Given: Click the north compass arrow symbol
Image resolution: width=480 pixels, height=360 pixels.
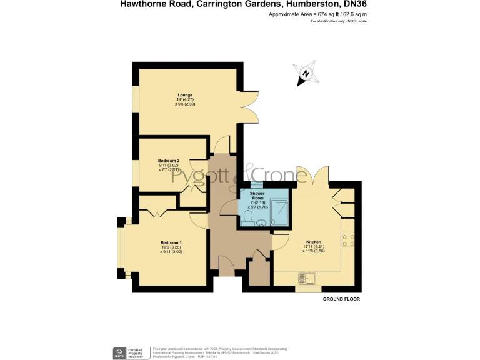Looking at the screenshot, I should pyautogui.click(x=306, y=74).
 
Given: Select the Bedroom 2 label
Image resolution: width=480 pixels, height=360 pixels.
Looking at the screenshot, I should pyautogui.click(x=169, y=161).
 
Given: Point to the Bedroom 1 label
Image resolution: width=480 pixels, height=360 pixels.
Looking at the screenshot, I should pyautogui.click(x=171, y=242).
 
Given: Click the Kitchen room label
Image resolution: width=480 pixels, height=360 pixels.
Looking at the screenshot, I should pyautogui.click(x=313, y=242).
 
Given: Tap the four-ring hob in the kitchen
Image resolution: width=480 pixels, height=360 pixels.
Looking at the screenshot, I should pyautogui.click(x=348, y=238).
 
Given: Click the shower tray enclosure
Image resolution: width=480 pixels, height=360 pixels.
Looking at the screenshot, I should pyautogui.click(x=279, y=209).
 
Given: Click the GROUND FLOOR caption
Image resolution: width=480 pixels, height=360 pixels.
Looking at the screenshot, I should pyautogui.click(x=341, y=299).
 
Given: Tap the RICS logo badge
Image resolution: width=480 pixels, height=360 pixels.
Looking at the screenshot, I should pyautogui.click(x=118, y=352).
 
